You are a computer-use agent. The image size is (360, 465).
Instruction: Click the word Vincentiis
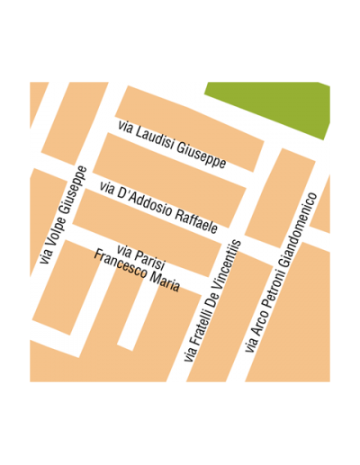229,262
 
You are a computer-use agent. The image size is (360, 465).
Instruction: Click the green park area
270,103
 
